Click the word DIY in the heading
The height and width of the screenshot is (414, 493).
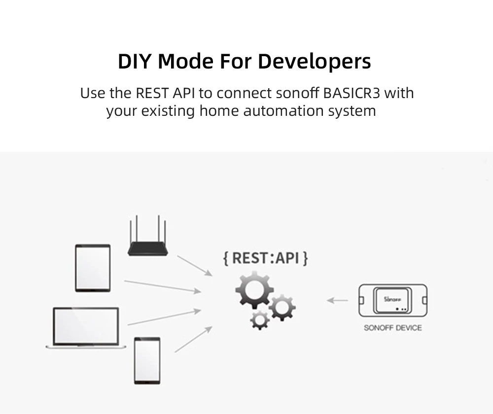(134, 62)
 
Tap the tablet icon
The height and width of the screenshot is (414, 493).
(93, 268)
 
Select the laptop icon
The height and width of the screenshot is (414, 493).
(86, 328)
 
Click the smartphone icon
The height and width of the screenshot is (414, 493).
(147, 360)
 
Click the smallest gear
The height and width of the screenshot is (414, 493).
(259, 319)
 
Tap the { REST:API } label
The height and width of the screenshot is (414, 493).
(265, 258)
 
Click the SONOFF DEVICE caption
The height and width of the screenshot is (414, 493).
(392, 328)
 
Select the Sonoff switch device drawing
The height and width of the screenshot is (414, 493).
(392, 301)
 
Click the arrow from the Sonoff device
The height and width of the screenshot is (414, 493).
(338, 299)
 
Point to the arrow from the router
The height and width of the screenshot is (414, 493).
(194, 265)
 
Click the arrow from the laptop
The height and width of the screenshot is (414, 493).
(164, 317)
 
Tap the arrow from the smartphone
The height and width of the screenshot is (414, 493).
(193, 339)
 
